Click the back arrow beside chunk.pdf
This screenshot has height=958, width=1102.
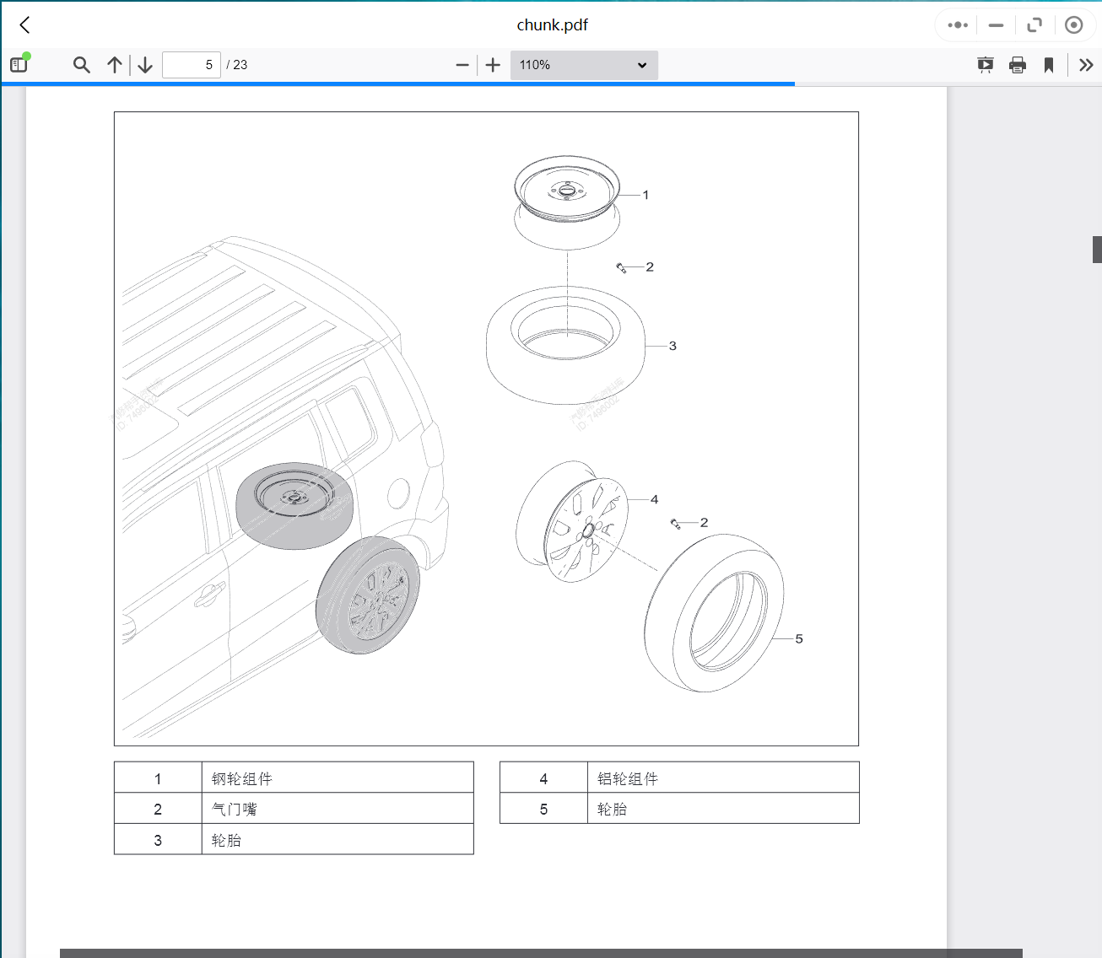(x=25, y=25)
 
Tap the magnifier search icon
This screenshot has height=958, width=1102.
(x=81, y=65)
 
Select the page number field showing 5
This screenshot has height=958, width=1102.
(x=192, y=65)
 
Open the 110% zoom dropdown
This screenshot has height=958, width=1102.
(x=583, y=65)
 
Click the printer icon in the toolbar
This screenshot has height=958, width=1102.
(x=1018, y=65)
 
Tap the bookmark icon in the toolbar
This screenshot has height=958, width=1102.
(x=1049, y=65)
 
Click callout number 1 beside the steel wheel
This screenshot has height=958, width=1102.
(x=646, y=195)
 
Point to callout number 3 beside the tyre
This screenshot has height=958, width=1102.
(x=673, y=346)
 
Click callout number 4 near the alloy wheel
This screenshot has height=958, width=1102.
(x=654, y=499)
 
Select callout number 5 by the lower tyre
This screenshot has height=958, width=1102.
(x=799, y=638)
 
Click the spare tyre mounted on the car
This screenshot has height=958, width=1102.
(x=294, y=504)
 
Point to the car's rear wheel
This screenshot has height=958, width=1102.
(x=369, y=595)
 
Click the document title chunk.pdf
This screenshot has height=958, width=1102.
(x=552, y=25)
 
